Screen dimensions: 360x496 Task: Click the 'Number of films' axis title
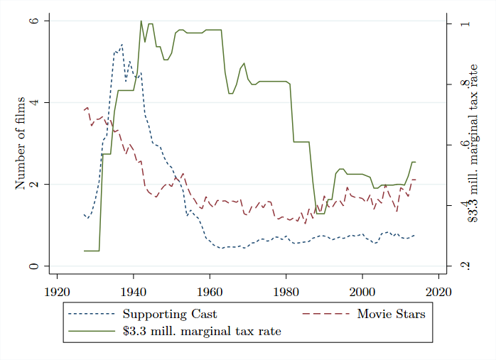pos(21,143)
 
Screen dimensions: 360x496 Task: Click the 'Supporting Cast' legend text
pos(169,314)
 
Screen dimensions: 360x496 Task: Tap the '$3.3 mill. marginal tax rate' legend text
pos(202,331)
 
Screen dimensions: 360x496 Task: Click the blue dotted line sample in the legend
pos(91,314)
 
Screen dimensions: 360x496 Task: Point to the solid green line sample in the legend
pos(91,331)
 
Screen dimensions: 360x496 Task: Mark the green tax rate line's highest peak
pos(141,21)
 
